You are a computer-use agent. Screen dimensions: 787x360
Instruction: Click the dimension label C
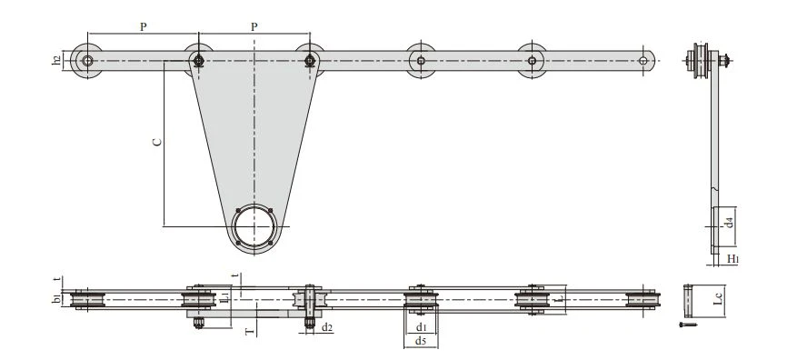click(157, 142)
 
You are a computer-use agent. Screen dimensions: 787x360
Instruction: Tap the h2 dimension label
click(56, 60)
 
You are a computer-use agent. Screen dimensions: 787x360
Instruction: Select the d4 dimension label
click(731, 222)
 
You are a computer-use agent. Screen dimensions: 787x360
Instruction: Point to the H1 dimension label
click(732, 259)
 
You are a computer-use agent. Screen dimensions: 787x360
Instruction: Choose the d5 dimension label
click(421, 342)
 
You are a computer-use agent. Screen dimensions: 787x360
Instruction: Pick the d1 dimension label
click(421, 328)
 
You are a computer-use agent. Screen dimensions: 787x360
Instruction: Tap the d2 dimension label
click(327, 328)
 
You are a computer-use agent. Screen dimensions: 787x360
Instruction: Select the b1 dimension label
click(56, 300)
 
